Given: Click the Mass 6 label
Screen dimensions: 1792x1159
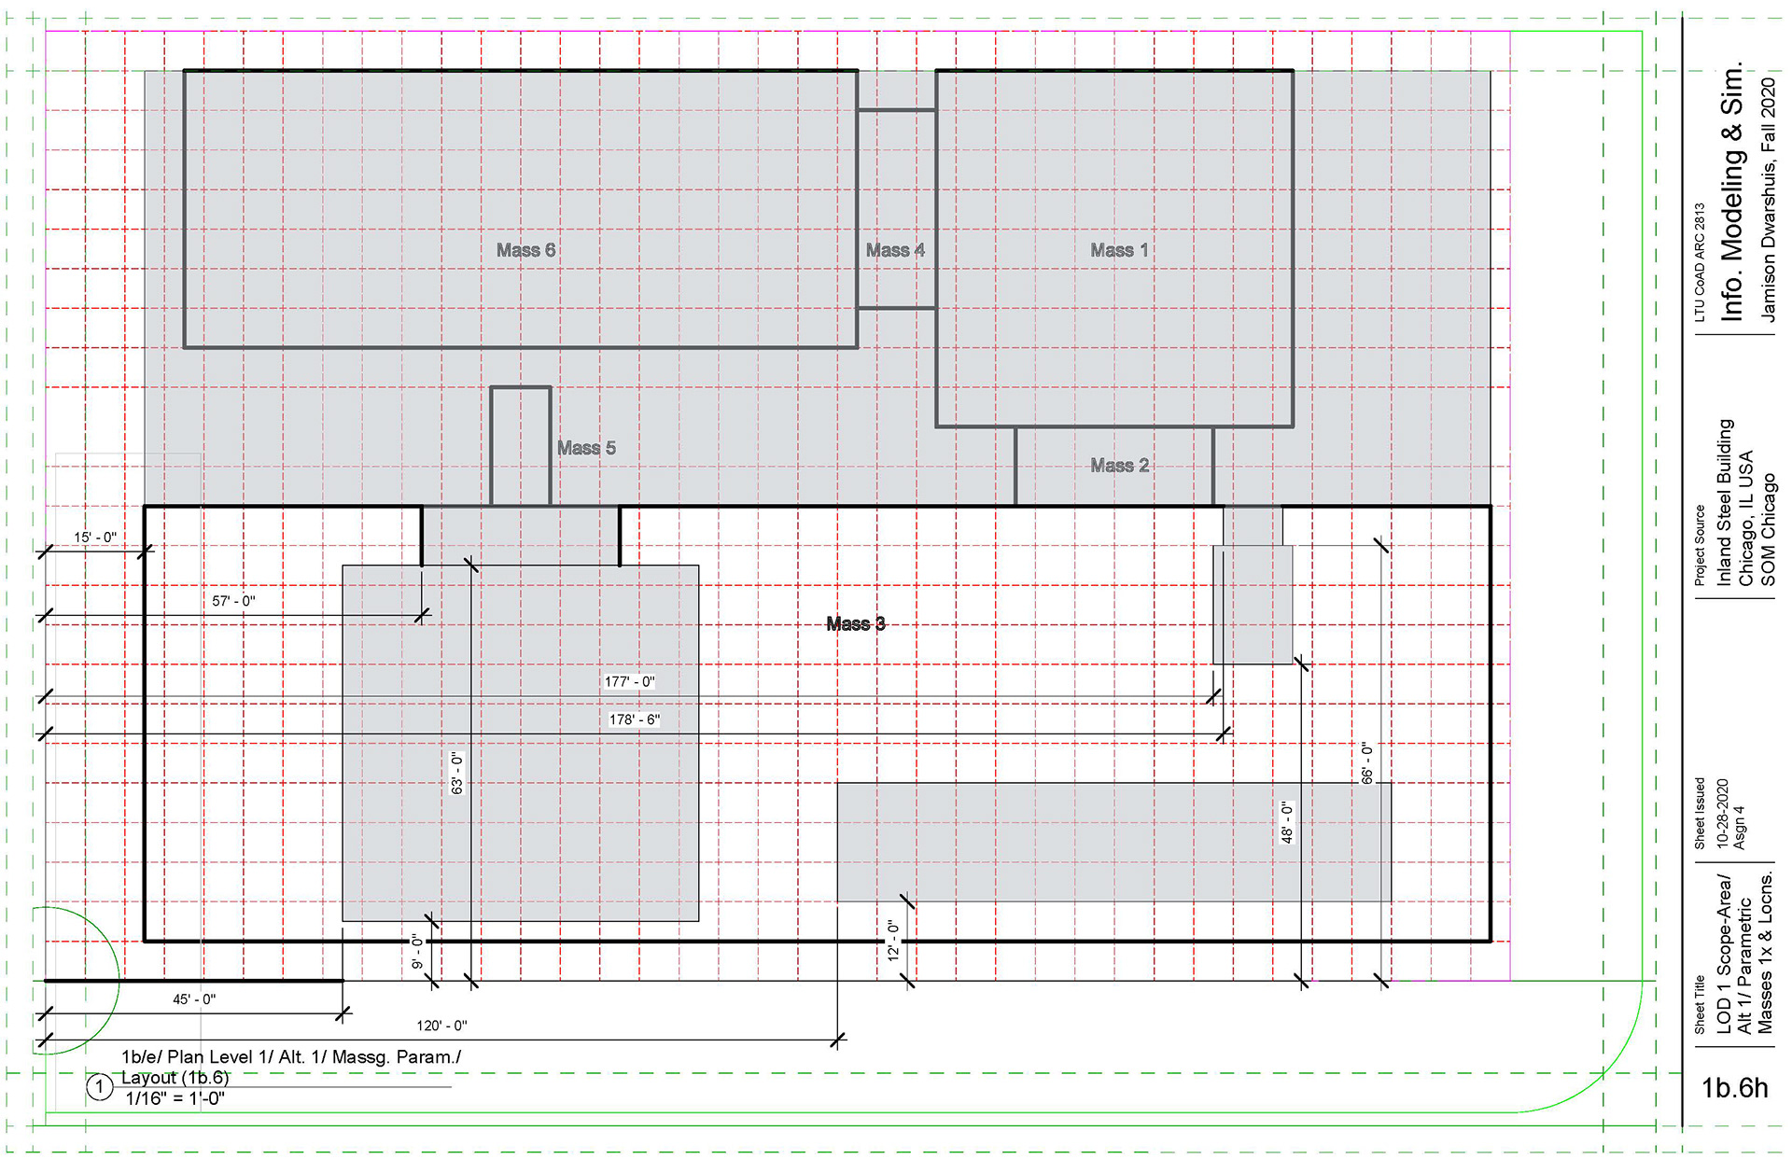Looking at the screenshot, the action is pos(525,250).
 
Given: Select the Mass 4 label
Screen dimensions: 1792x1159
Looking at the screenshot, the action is pos(895,250).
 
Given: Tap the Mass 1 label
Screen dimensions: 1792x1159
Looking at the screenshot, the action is pos(1119,250).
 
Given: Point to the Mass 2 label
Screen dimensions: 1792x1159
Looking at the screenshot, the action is pos(1119,465).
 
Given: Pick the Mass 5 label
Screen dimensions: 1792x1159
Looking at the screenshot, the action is pos(586,448).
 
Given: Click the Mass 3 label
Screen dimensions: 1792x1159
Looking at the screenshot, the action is pos(855,623).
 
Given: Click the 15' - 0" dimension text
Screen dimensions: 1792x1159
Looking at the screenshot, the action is pos(95,538).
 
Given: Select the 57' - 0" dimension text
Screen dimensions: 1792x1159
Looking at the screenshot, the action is pos(233,601).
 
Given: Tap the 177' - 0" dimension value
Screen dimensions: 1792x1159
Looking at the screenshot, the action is pos(630,682).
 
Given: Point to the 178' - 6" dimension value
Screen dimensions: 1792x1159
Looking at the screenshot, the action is pos(635,719).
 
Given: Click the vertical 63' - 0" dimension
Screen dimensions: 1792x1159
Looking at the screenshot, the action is pos(457,773).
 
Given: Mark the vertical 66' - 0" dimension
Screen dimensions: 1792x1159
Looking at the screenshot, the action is pos(1367,762).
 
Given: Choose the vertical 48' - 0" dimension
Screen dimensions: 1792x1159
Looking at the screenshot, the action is pos(1287,822).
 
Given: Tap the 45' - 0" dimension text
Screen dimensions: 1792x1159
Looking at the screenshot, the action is pos(194,999).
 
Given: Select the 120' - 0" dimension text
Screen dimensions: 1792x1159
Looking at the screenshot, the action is pos(441,1026).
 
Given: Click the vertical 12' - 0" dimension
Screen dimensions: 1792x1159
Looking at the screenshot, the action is pos(893,940).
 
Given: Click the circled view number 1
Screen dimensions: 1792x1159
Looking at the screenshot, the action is pos(100,1087).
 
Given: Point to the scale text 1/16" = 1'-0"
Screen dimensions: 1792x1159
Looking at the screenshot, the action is pos(175,1098).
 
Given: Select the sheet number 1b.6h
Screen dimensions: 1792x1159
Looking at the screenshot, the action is pos(1734,1088).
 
